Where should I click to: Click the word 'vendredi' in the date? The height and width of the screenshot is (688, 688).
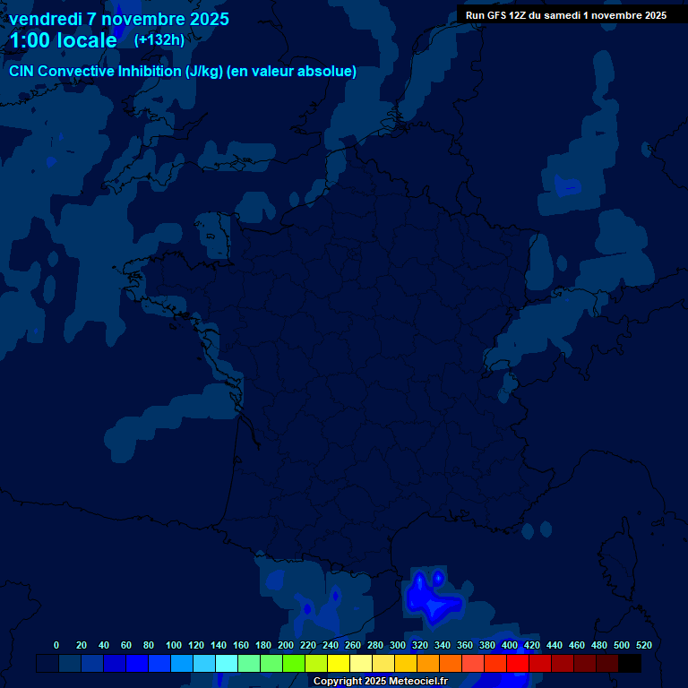pos(46,19)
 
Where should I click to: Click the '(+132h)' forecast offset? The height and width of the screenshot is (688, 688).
pos(159,40)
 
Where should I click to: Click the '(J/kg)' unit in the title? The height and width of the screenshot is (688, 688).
pos(204,72)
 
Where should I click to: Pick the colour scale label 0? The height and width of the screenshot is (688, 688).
pos(56,645)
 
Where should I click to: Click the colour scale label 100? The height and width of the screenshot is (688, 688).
pos(174,645)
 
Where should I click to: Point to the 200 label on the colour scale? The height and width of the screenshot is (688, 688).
pos(286,645)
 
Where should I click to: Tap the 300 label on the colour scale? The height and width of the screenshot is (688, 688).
pos(398,645)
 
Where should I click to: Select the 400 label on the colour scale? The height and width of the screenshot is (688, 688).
pos(510,645)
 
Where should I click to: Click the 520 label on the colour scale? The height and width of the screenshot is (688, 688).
pos(644,645)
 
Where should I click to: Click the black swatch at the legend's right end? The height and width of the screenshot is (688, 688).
pos(630,663)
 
